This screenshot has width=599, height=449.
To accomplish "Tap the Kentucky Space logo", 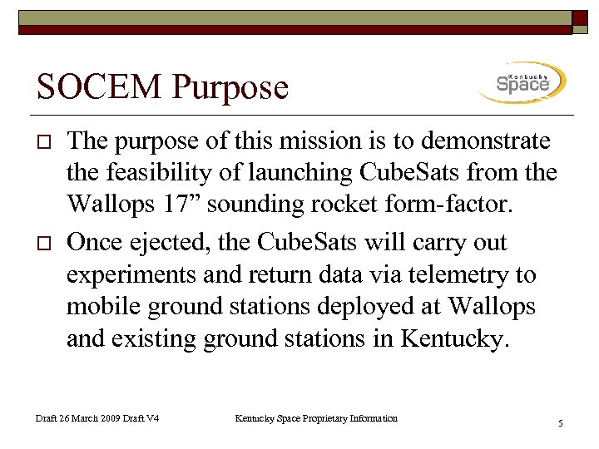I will tap(522, 82).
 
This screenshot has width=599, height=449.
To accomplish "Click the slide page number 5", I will tap(561, 424).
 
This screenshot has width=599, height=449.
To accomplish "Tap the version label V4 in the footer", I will tap(152, 418).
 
